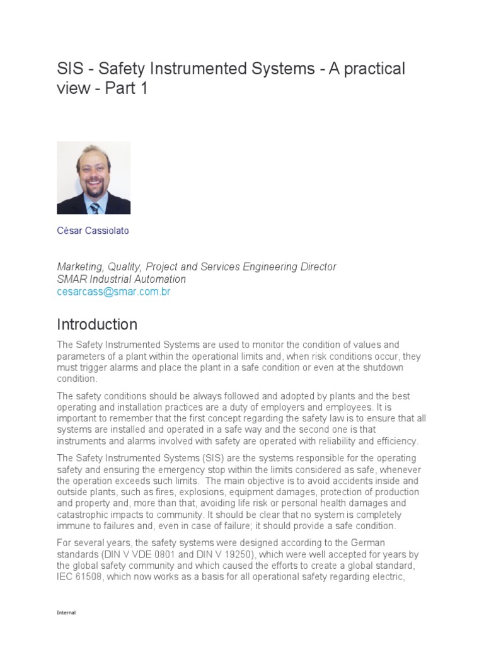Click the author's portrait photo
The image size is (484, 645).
94,178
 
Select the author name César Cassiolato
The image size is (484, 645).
93,231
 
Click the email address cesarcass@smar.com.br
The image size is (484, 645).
113,292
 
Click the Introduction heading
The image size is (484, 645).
97,324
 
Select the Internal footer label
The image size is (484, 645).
66,612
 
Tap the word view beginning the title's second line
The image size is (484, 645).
72,89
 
